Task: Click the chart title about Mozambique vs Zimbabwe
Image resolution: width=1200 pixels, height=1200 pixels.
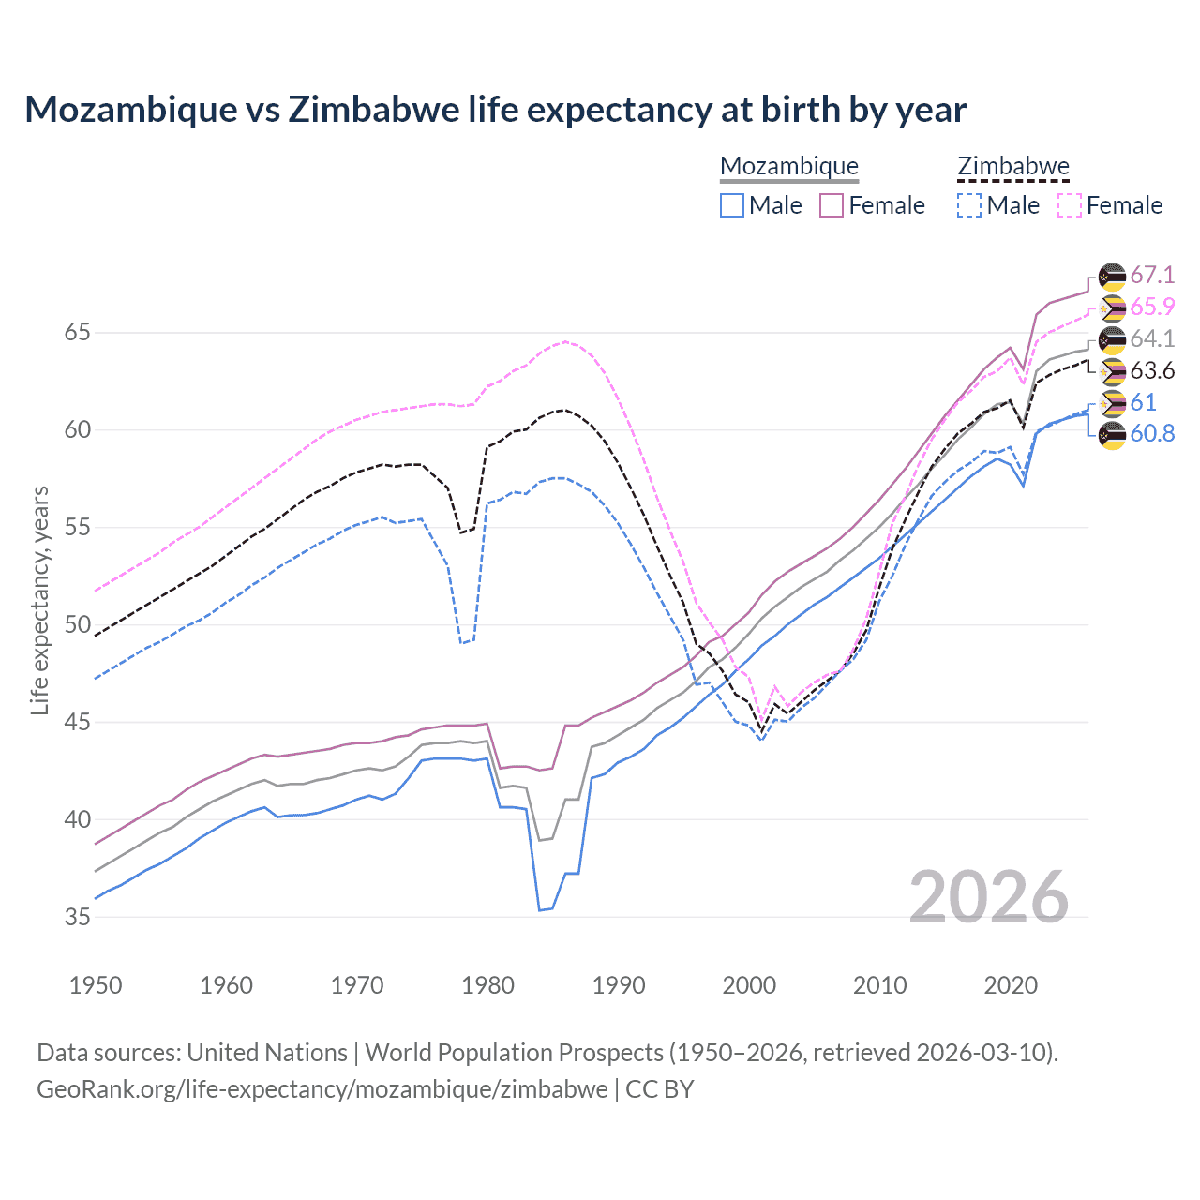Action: [x=495, y=110]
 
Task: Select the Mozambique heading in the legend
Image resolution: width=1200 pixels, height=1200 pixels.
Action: [x=788, y=166]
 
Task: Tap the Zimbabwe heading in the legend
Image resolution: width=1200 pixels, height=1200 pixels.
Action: [x=1012, y=166]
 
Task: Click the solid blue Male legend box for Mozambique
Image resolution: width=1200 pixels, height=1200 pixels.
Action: [x=732, y=205]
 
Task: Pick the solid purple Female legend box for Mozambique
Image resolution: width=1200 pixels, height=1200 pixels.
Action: [x=832, y=205]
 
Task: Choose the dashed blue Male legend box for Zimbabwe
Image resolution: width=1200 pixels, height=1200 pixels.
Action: [x=969, y=205]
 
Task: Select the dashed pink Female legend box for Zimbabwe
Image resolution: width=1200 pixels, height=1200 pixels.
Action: [x=1070, y=205]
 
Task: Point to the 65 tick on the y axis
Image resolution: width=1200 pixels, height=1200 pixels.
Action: [x=77, y=333]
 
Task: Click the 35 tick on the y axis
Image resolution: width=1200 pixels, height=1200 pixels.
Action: [x=77, y=917]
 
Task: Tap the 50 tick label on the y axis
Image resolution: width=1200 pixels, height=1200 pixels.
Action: [x=77, y=625]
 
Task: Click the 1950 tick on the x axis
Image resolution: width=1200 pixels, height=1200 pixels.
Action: [x=96, y=985]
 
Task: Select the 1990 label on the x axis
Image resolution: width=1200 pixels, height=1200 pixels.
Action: [x=619, y=985]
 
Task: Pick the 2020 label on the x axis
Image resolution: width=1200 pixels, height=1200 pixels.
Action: [x=1011, y=985]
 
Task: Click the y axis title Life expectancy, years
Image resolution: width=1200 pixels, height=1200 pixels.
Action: [x=39, y=600]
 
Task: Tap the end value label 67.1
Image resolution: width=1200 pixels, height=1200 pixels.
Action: [x=1152, y=275]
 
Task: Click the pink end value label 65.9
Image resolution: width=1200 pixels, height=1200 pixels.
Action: [x=1152, y=307]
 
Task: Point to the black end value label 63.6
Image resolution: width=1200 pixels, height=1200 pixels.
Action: [x=1152, y=371]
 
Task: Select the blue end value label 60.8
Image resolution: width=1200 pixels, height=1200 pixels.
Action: [x=1152, y=434]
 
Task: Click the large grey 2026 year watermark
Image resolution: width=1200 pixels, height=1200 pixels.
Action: [x=989, y=897]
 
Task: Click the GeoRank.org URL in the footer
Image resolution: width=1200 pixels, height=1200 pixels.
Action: [x=322, y=1089]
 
